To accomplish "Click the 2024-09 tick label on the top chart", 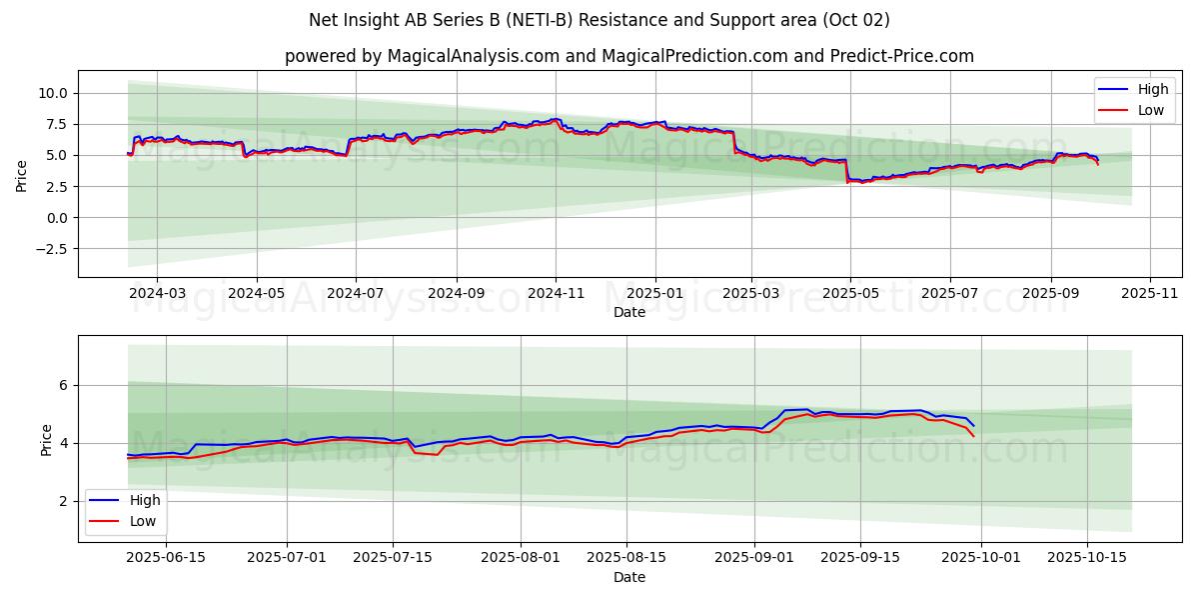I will point(457,294).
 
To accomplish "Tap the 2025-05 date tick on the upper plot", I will point(850,294).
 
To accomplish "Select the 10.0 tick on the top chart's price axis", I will point(52,93).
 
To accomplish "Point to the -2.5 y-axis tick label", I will point(50,249).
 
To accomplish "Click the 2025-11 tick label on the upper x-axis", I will point(1149,294).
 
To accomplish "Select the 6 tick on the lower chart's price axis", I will point(62,385).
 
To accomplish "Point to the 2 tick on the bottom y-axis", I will point(62,501).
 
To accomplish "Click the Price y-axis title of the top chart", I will point(22,175).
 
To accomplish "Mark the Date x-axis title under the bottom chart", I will point(629,577).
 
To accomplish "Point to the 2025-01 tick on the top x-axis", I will point(655,294).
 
